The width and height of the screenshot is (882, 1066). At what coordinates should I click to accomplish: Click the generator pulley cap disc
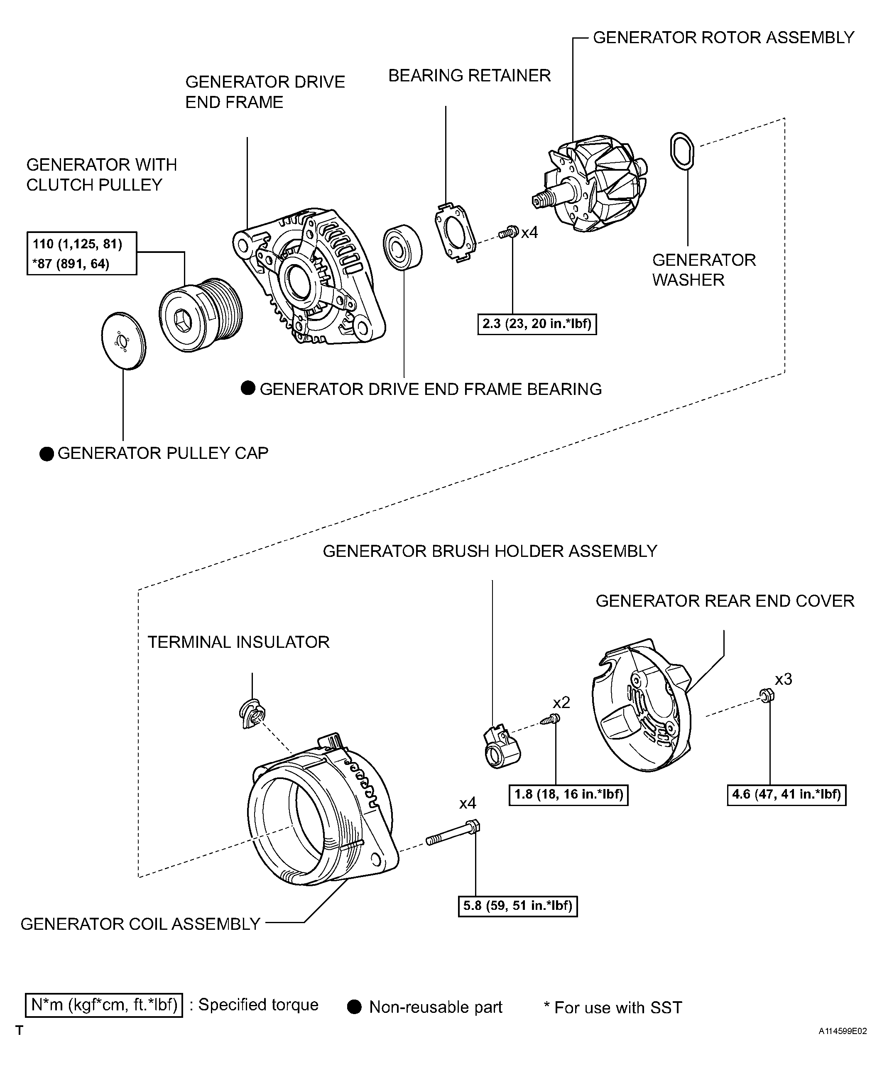coord(123,341)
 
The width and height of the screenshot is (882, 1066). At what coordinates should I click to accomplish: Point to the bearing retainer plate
coord(455,233)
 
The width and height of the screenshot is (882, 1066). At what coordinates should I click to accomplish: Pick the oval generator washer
coord(681,150)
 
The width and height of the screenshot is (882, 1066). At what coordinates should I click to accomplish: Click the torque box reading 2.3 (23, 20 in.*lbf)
coord(537,324)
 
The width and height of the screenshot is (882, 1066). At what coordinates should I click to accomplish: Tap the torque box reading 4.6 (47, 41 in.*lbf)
coord(786,794)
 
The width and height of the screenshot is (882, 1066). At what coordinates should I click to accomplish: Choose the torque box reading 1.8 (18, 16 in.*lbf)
coord(568,794)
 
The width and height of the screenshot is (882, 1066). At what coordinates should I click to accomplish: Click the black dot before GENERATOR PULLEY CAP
coord(47,453)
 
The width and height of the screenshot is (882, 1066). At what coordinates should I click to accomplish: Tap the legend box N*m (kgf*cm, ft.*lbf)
coord(104,1005)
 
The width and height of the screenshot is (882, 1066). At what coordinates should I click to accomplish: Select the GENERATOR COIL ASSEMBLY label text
coord(140,924)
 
